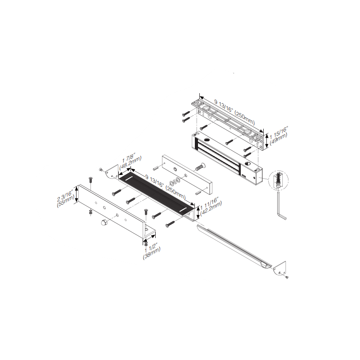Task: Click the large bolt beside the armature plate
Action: pyautogui.click(x=199, y=167)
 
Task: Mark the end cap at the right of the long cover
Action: pyautogui.click(x=279, y=268)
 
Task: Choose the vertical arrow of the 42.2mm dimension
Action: pyautogui.click(x=198, y=211)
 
